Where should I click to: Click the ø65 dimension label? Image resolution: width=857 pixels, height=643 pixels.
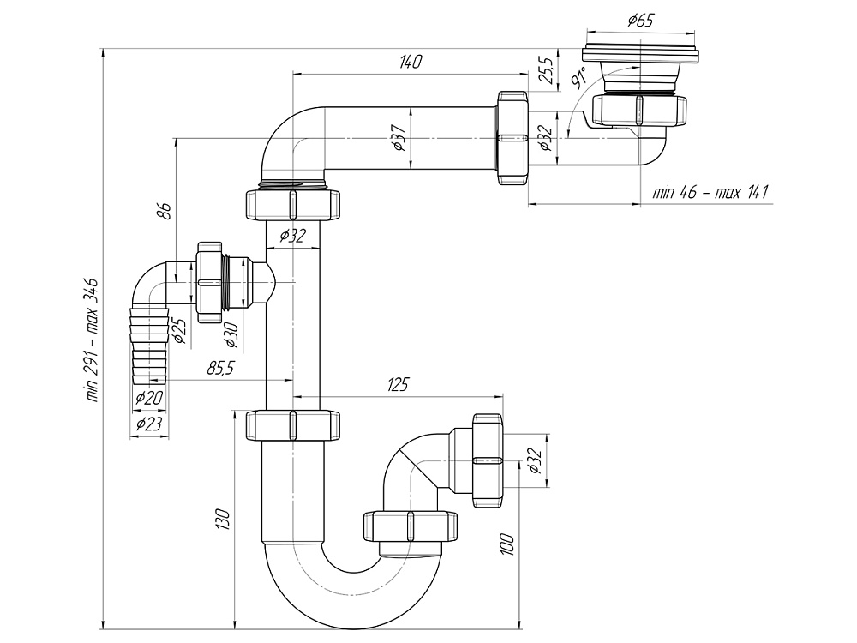tap(639, 21)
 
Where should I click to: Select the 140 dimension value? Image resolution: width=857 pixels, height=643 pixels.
tap(411, 61)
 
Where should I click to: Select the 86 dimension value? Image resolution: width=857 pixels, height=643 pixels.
tap(166, 210)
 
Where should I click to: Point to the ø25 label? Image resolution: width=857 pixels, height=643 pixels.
tap(179, 329)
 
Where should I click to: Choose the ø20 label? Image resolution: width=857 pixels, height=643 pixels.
tap(148, 398)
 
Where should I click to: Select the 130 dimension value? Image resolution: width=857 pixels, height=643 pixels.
tap(223, 519)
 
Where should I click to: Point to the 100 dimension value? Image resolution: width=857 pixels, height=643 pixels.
tap(506, 543)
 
